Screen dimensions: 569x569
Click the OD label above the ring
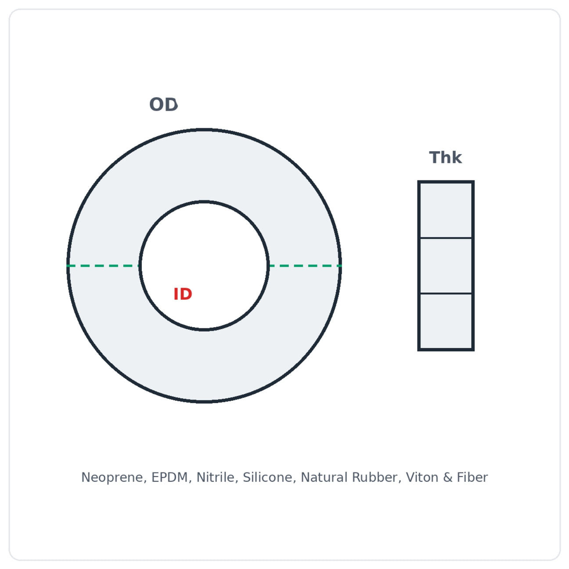163,104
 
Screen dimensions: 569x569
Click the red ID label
183,294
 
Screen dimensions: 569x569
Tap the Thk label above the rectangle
446,157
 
